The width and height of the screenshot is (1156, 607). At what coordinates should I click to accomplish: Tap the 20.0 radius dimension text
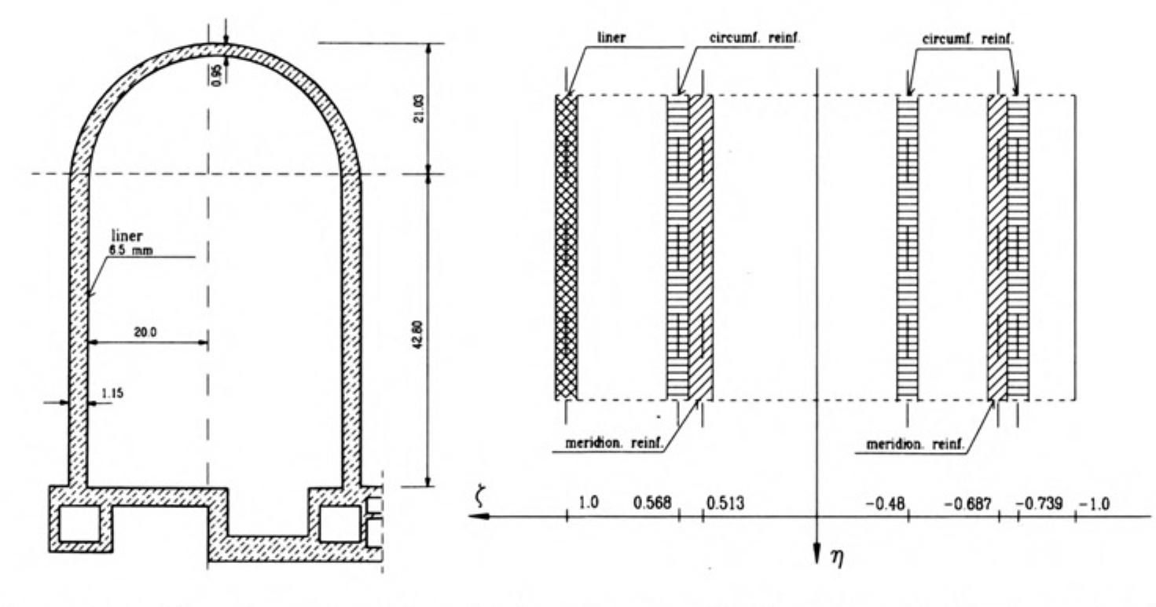click(x=145, y=332)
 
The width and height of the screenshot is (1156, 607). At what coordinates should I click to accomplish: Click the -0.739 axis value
click(x=1038, y=503)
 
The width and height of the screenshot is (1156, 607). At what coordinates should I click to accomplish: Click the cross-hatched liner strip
click(x=566, y=247)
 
